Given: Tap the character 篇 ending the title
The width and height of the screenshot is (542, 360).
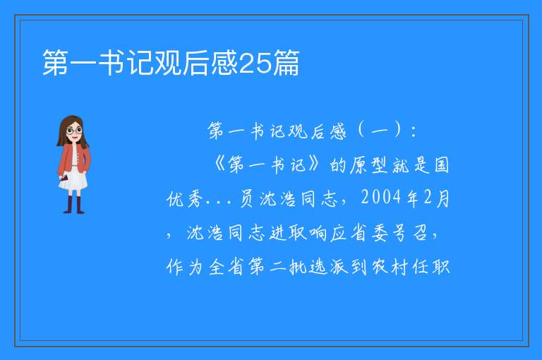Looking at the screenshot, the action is tap(286, 63).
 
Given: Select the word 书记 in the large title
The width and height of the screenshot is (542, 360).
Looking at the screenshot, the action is tap(126, 63).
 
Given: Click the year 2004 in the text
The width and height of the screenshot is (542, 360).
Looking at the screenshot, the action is tap(381, 198).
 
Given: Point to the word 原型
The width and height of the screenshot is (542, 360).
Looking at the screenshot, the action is tap(369, 165).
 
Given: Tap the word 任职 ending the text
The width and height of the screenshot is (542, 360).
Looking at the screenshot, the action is tap(431, 267).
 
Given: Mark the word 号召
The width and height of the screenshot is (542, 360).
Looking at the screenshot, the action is tap(410, 233).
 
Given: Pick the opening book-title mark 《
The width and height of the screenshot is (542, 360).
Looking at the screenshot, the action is tap(219, 164).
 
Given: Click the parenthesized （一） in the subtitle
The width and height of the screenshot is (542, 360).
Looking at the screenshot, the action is tap(380, 131).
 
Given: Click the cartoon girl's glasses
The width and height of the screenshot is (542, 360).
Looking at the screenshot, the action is tap(74, 131).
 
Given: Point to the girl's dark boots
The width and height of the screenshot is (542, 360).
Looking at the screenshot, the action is tap(73, 205).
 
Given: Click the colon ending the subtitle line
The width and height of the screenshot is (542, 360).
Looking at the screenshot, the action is tap(414, 132).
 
